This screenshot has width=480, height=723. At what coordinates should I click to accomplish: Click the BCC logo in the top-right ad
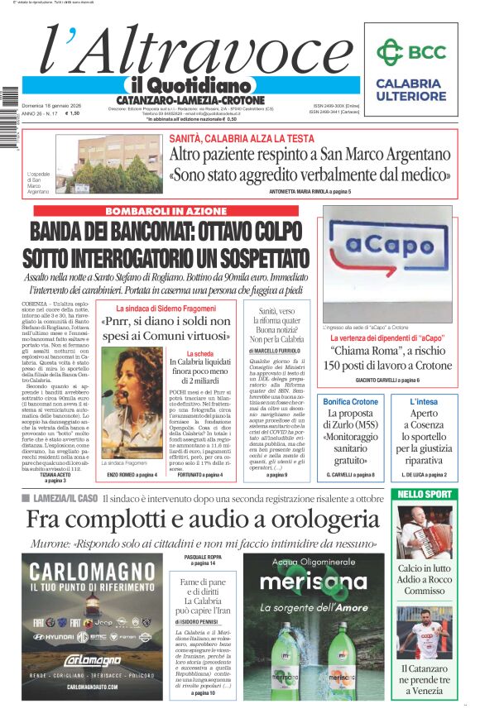tap(409, 52)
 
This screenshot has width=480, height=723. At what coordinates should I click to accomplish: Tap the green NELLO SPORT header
tap(424, 494)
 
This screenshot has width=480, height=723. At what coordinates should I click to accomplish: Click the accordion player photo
tap(424, 531)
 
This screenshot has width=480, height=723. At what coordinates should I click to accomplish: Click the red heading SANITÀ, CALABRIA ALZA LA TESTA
tap(242, 138)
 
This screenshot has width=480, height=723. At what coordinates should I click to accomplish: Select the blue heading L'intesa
tap(425, 401)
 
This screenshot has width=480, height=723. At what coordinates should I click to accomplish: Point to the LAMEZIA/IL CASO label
tap(61, 498)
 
